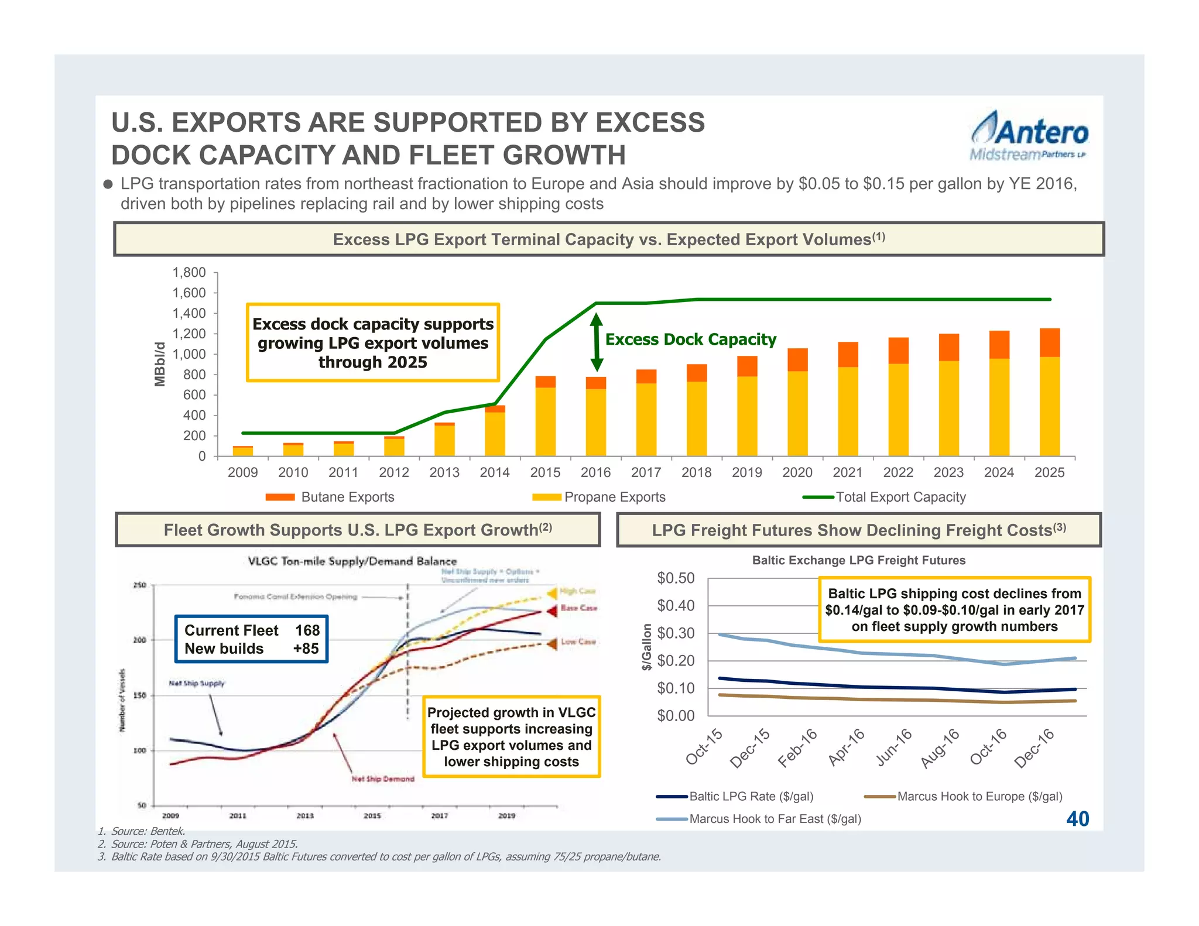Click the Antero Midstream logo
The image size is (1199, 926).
pyautogui.click(x=1029, y=136)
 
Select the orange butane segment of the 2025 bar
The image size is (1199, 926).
pyautogui.click(x=1049, y=343)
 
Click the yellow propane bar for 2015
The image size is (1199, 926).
pyautogui.click(x=545, y=421)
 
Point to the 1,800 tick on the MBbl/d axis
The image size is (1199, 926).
pyautogui.click(x=189, y=273)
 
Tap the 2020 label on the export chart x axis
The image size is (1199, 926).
pyautogui.click(x=797, y=472)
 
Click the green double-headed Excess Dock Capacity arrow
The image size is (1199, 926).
pyautogui.click(x=596, y=342)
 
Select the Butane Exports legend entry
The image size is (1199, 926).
pyautogui.click(x=330, y=497)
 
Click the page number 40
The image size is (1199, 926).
pyautogui.click(x=1077, y=818)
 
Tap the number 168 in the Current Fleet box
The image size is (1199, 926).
pyautogui.click(x=307, y=630)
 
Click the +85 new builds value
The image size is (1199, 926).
pyautogui.click(x=306, y=649)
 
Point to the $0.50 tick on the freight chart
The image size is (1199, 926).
pyautogui.click(x=676, y=578)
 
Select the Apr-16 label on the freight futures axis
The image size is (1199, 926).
pyautogui.click(x=847, y=747)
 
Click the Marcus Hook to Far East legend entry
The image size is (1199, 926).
pyautogui.click(x=759, y=819)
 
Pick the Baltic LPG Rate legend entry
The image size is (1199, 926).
pyautogui.click(x=735, y=797)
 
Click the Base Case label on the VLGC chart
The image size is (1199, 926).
pyautogui.click(x=578, y=608)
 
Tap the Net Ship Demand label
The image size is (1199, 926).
pyautogui.click(x=383, y=779)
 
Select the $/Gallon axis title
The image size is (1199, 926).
pyautogui.click(x=646, y=647)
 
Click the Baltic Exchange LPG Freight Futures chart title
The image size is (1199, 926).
pyautogui.click(x=858, y=560)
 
